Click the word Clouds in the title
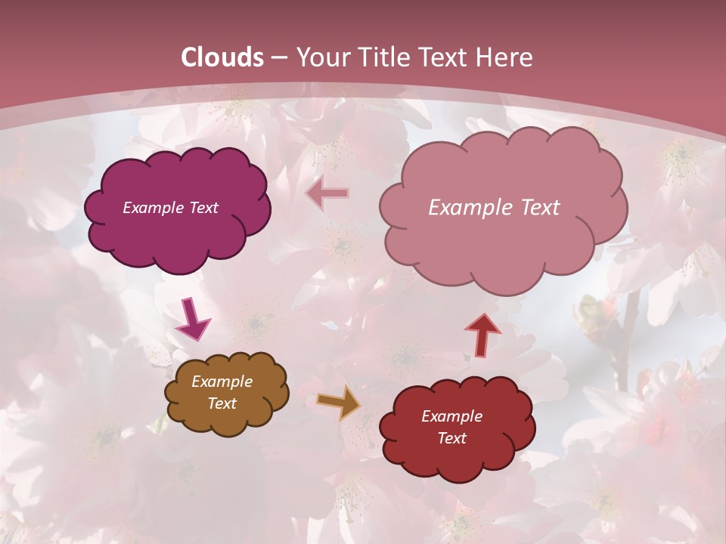click(x=222, y=57)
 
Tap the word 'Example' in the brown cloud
click(x=222, y=382)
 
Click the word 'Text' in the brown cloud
click(x=222, y=403)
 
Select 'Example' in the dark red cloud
click(x=451, y=416)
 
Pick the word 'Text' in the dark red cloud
click(x=451, y=438)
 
